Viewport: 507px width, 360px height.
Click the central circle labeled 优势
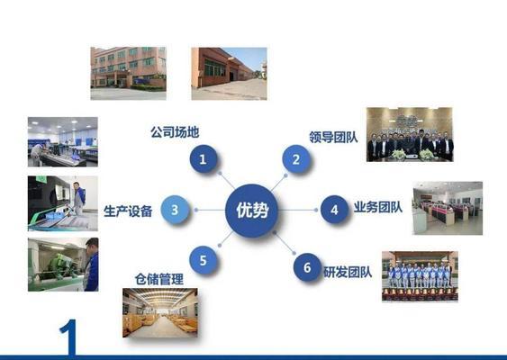coord(251,211)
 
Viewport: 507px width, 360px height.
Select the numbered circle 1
coord(203,158)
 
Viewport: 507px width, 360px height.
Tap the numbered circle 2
coord(296,159)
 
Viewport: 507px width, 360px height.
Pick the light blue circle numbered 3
coord(175,210)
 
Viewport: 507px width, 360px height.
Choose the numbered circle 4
coord(334,210)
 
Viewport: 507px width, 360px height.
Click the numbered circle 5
coord(203,260)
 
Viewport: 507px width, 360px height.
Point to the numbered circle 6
coord(307,267)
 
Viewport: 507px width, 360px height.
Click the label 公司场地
coord(175,132)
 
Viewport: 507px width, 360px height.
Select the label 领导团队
coord(333,137)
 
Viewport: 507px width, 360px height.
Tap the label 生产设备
coord(128,211)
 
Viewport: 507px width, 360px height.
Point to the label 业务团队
coord(378,207)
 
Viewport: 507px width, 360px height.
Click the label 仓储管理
coord(159,279)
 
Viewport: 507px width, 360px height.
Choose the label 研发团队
coord(348,272)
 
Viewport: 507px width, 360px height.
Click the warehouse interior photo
coord(160,312)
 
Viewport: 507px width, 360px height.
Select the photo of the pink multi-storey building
coord(129,74)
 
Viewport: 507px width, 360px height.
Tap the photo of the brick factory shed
coord(229,74)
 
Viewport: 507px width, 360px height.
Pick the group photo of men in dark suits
coord(410,134)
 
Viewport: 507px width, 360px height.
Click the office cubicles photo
coord(448,208)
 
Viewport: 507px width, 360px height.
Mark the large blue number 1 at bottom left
coord(69,337)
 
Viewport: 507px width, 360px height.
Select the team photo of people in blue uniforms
coord(420,276)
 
